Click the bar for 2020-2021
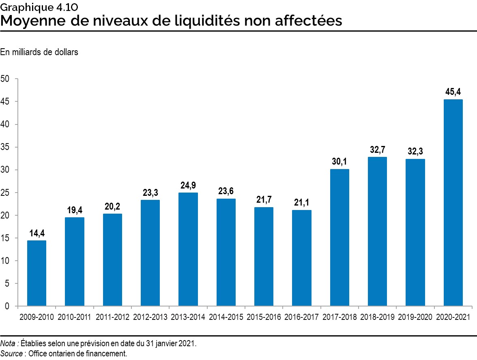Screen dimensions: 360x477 tap(453, 203)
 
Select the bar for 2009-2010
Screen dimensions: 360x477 tap(37, 273)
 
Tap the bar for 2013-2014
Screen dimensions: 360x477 tap(188, 249)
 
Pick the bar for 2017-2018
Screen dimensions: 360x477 tap(339, 238)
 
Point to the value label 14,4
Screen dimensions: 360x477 tap(37, 234)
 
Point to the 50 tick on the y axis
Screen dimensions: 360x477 tap(5, 79)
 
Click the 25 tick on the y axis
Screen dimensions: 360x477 tap(5, 193)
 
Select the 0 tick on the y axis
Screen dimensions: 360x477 tap(7, 306)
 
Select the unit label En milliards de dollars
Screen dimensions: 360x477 tap(39, 52)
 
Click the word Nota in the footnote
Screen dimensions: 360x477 tap(8, 343)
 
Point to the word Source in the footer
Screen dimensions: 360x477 tap(11, 354)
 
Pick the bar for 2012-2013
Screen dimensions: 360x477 tap(150, 253)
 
